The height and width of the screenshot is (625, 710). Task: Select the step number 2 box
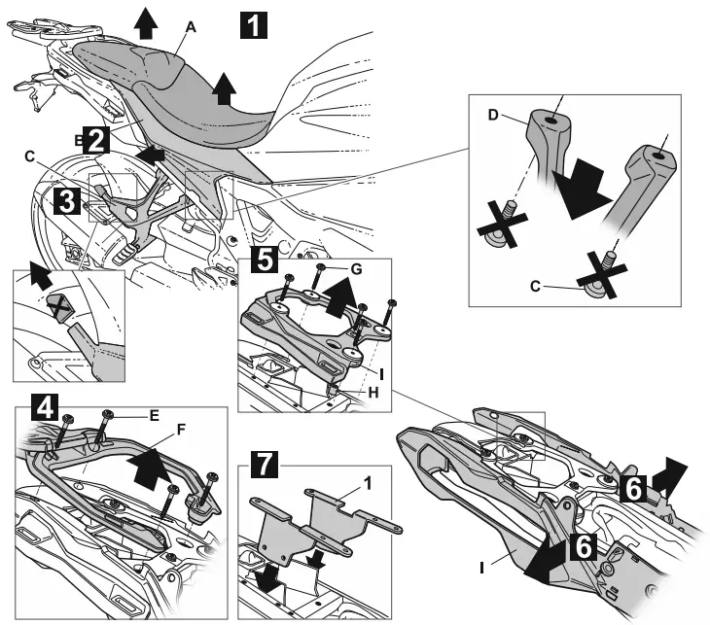tap(94, 140)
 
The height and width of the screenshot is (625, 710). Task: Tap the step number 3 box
tap(65, 202)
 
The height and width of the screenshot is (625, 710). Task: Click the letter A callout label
tap(192, 28)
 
